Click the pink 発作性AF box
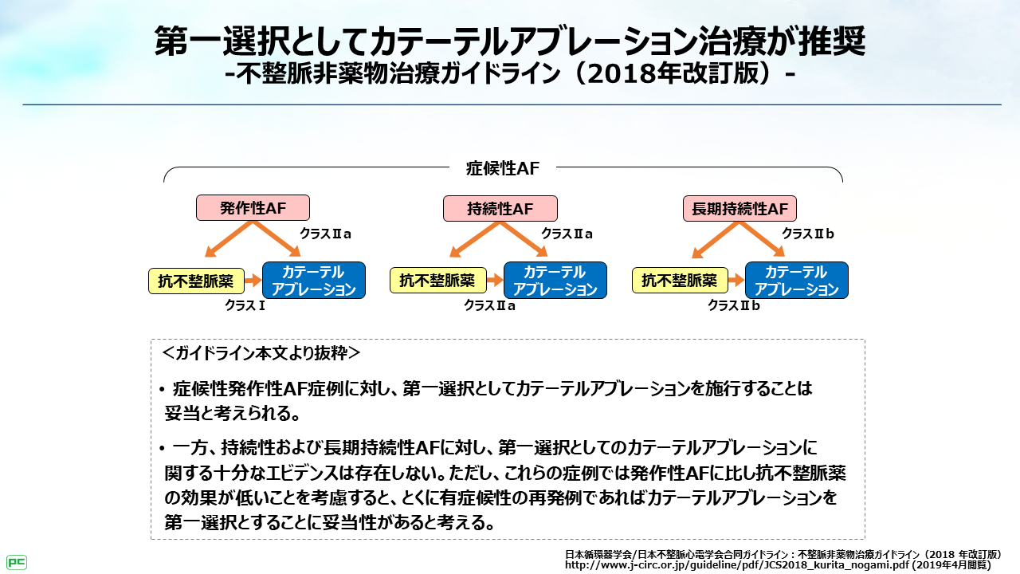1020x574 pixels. click(253, 209)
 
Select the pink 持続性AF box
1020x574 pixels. click(500, 209)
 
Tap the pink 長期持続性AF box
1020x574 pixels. click(740, 209)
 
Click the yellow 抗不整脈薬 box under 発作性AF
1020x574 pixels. click(196, 281)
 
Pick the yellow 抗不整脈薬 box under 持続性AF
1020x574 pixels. click(437, 281)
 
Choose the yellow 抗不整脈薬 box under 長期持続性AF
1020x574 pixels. click(680, 281)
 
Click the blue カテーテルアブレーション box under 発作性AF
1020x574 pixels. click(314, 281)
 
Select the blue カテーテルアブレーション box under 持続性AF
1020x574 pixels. click(555, 281)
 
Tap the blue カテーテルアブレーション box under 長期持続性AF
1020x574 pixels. click(797, 281)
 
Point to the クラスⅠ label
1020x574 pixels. click(245, 305)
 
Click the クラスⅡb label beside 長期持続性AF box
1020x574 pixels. click(808, 234)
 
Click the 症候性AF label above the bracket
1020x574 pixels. click(502, 168)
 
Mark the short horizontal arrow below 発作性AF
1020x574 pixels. click(253, 281)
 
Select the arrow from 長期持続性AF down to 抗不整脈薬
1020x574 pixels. click(716, 239)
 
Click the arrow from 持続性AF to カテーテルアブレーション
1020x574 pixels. click(525, 239)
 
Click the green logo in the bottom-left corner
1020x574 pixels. click(17, 562)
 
